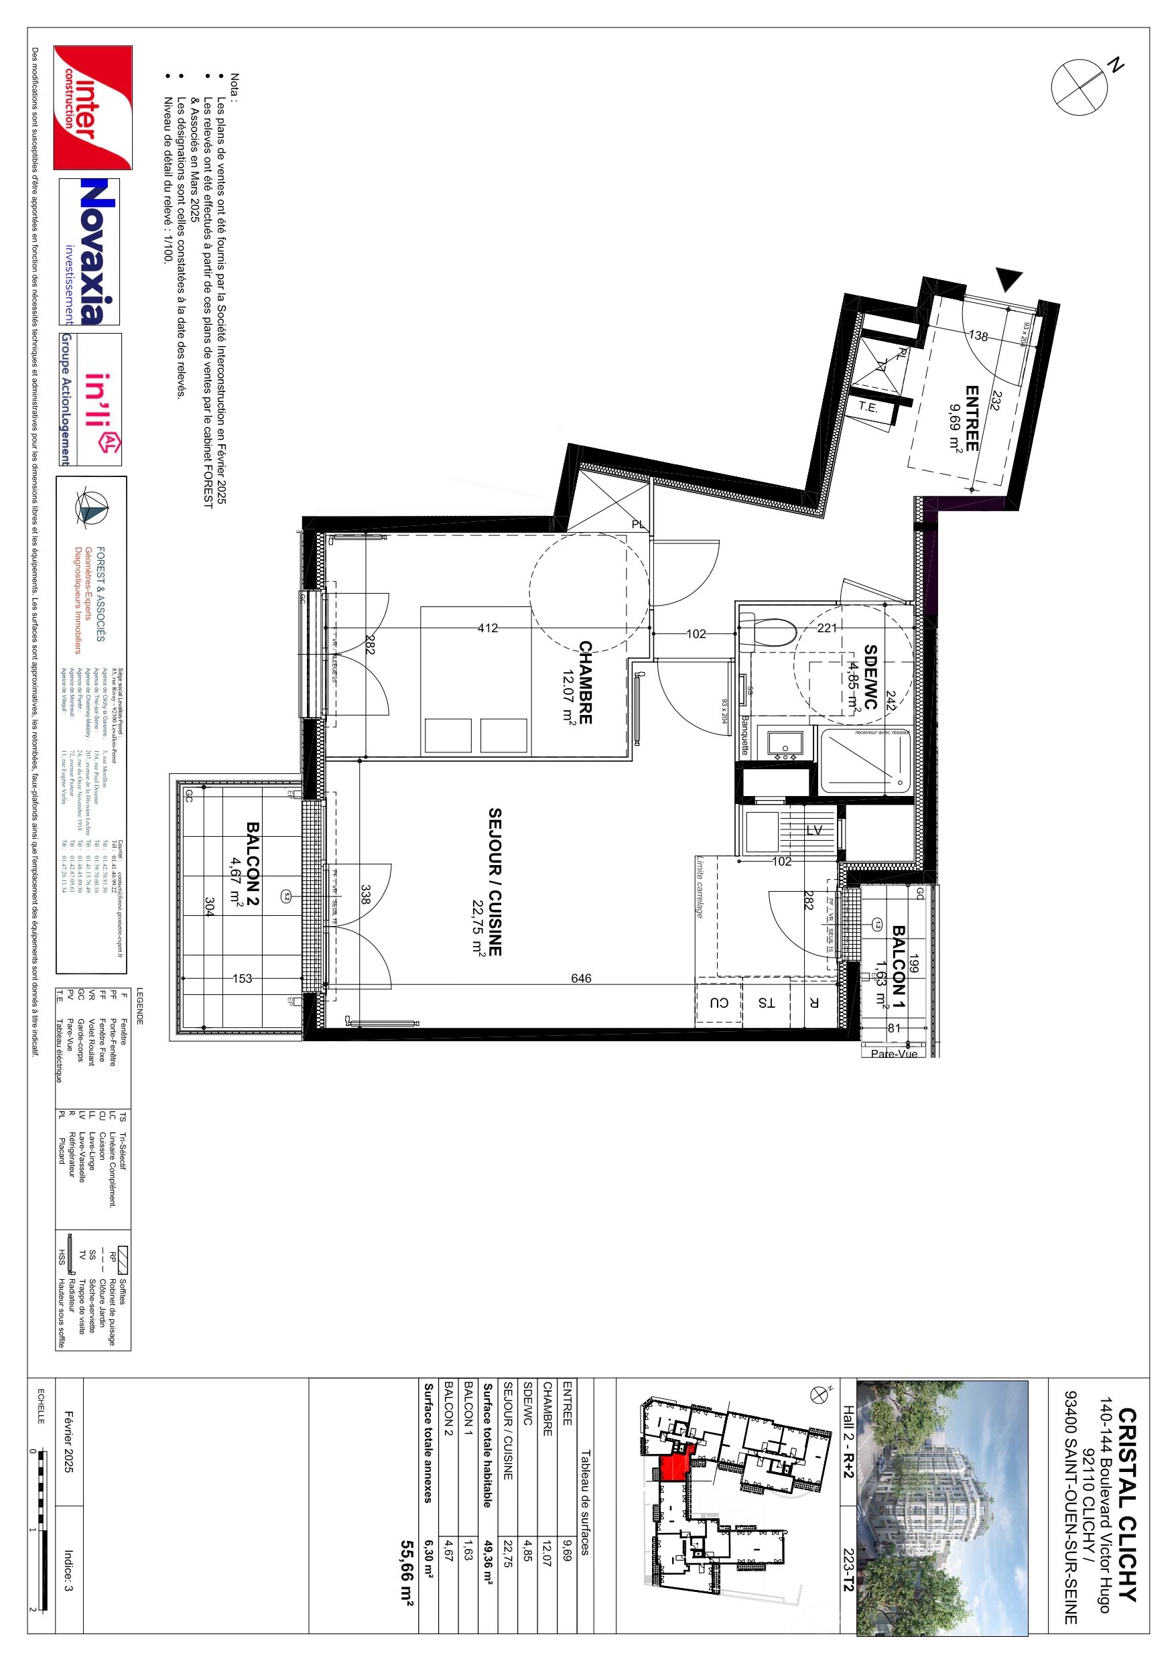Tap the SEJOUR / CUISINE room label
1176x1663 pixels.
pyautogui.click(x=495, y=882)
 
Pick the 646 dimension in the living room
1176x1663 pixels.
pyautogui.click(x=581, y=978)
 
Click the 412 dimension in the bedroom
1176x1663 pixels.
pyautogui.click(x=488, y=628)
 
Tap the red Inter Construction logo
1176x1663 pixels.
pyautogui.click(x=92, y=107)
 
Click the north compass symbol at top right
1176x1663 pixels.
pyautogui.click(x=1080, y=86)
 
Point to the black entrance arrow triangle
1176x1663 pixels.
pyautogui.click(x=1008, y=279)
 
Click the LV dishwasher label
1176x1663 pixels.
pyautogui.click(x=813, y=830)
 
